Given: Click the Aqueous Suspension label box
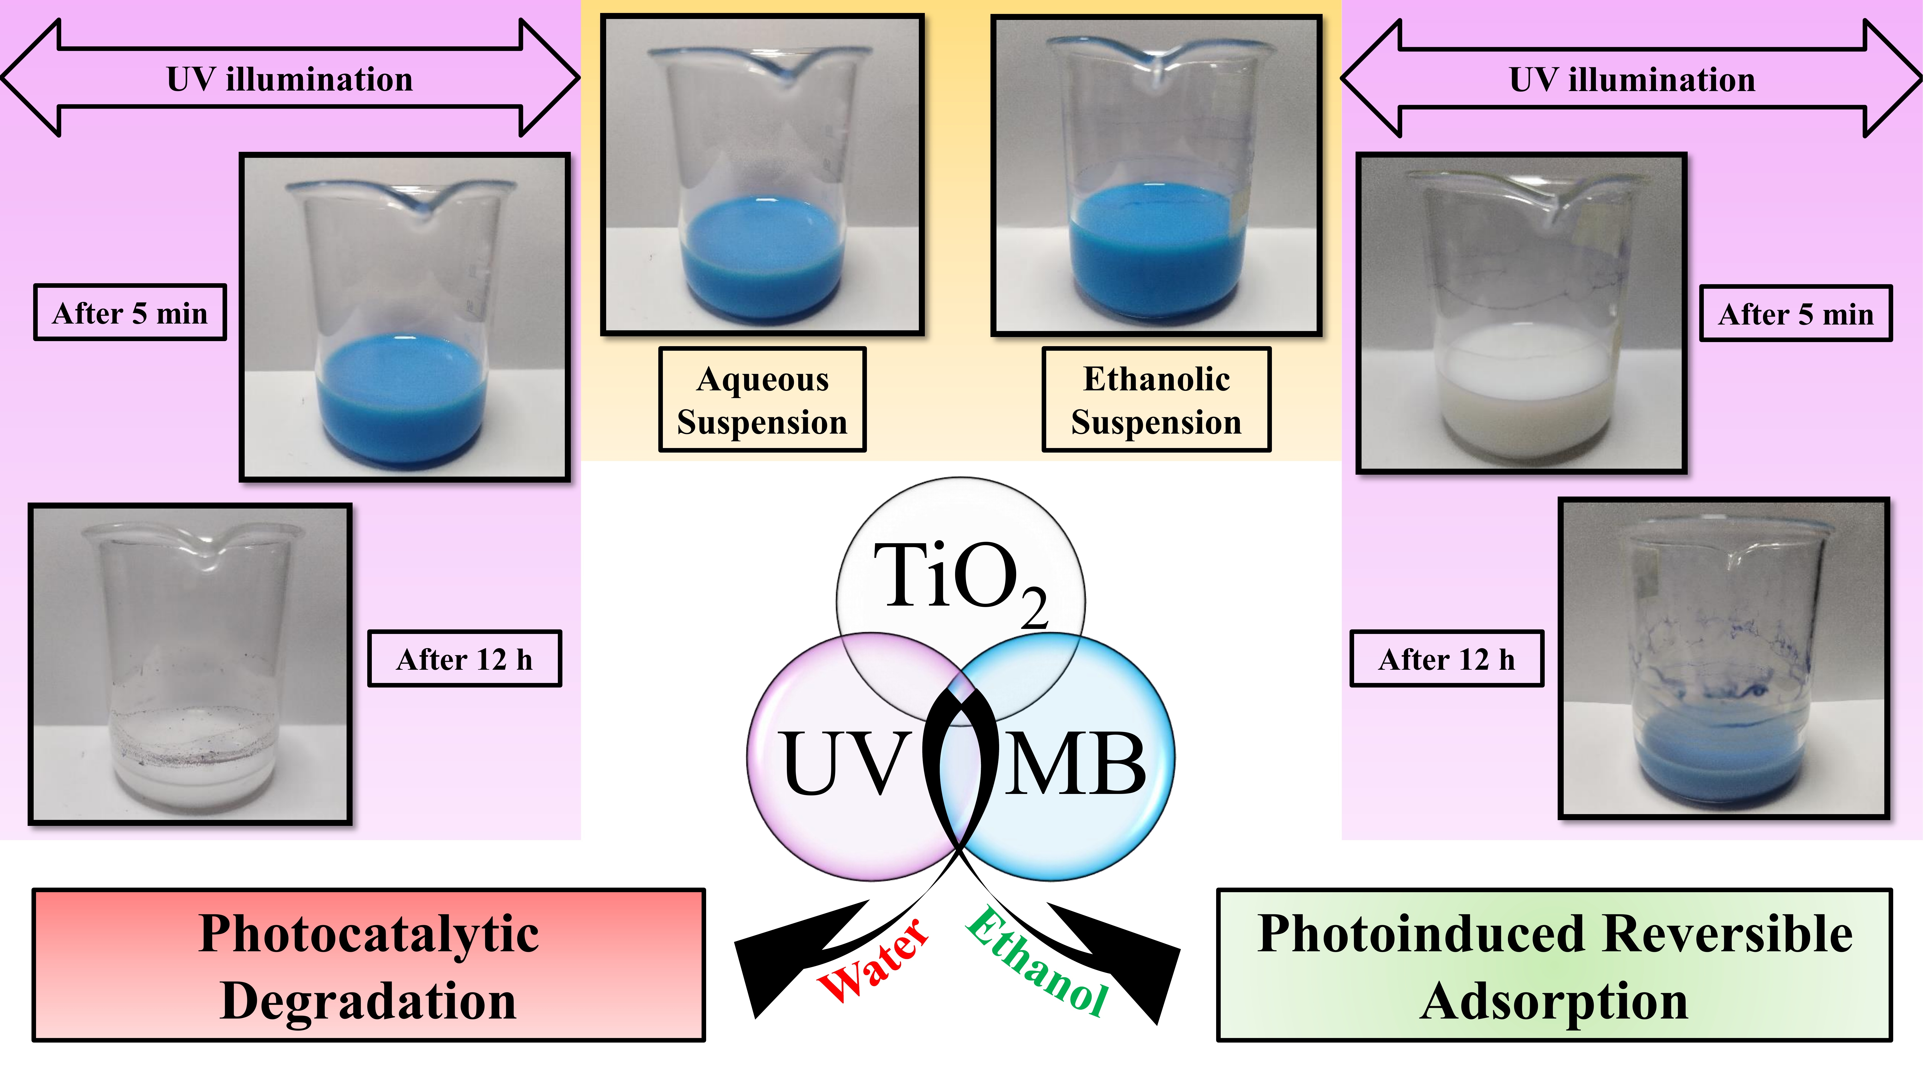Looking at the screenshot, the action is tap(762, 399).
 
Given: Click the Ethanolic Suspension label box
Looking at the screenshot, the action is tap(1156, 399).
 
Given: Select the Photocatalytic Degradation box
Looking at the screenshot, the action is tap(369, 965).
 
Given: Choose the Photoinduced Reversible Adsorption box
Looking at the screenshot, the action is tap(1554, 965).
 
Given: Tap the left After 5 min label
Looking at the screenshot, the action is tap(130, 313).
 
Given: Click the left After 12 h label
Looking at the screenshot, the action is tap(464, 659).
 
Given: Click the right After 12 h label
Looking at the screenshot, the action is tap(1447, 659).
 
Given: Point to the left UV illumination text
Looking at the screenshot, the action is tap(290, 79).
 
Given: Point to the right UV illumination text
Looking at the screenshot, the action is tap(1632, 79).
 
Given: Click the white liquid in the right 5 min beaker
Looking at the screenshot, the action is tap(1521, 392).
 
